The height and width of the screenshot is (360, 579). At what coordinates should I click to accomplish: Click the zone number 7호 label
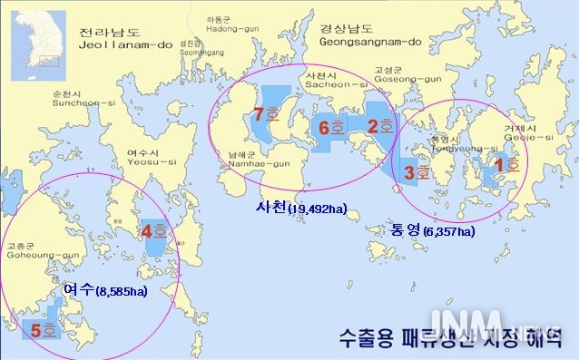[265, 115]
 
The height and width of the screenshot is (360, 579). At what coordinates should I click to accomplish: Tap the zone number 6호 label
[330, 128]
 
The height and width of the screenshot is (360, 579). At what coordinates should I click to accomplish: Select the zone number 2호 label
[378, 127]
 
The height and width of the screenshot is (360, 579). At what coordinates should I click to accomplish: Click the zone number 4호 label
[153, 231]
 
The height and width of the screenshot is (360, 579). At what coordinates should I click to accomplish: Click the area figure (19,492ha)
[318, 210]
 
